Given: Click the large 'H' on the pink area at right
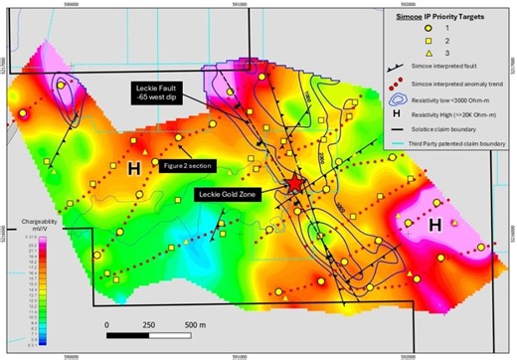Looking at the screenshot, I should (434, 228).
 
